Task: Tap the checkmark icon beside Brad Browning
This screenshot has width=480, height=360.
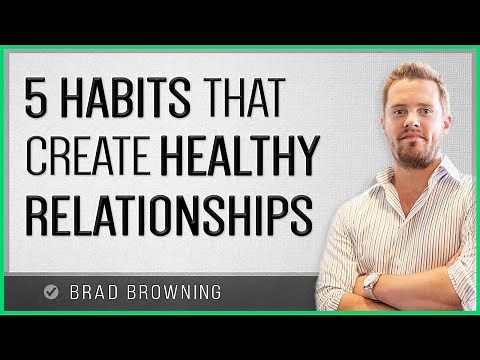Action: click(x=52, y=293)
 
